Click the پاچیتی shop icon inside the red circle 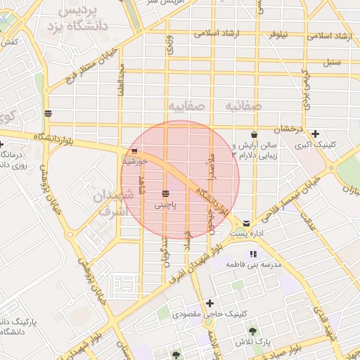165,193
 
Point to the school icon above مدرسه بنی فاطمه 253,255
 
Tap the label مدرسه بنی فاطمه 253,265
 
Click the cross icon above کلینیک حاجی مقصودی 210,304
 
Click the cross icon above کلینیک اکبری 316,134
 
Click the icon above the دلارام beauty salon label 253,134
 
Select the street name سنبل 331,62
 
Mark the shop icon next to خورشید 134,150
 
